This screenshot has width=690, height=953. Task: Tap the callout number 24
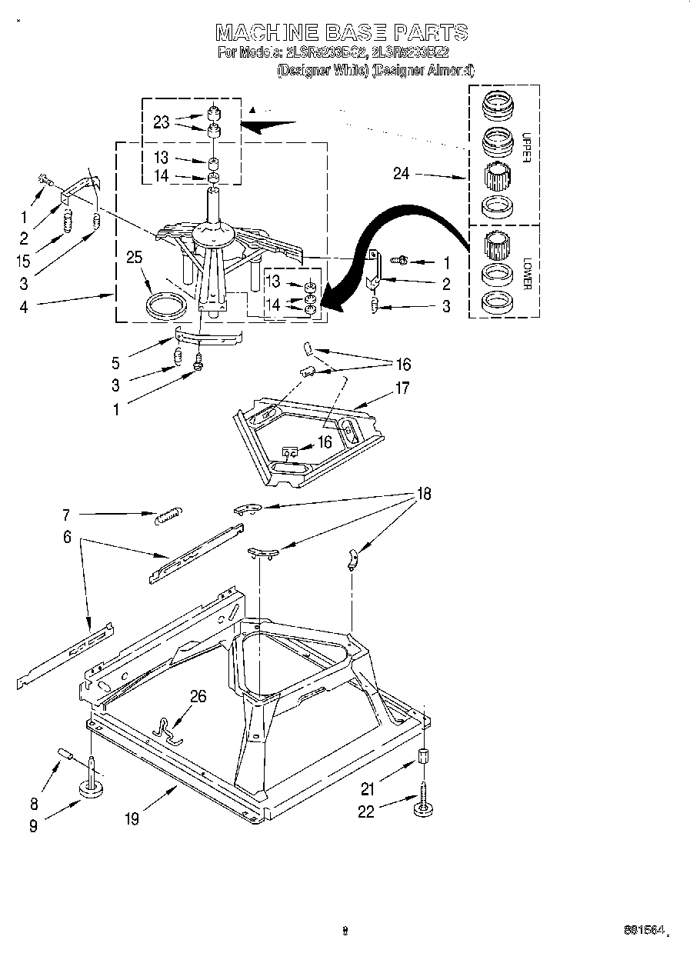tap(401, 174)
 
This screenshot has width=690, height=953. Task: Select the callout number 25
tap(135, 257)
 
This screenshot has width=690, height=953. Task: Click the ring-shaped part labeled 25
tap(166, 305)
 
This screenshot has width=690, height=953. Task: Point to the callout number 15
tap(24, 261)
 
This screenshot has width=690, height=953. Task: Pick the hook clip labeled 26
tap(170, 730)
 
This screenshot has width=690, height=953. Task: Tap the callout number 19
tap(132, 819)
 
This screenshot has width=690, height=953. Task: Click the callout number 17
tap(402, 388)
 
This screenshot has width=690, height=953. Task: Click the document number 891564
tap(643, 929)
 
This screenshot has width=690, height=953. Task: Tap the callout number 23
tap(161, 121)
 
